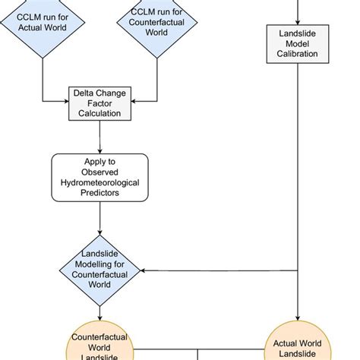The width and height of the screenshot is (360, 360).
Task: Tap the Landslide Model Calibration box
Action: (297, 43)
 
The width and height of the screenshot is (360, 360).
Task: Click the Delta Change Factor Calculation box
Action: (99, 102)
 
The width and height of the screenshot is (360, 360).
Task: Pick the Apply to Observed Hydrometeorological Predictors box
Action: (99, 178)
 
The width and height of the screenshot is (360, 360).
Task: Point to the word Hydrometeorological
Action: (99, 184)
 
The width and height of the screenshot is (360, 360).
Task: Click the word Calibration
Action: (297, 55)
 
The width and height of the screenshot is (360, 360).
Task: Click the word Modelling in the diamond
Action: (99, 264)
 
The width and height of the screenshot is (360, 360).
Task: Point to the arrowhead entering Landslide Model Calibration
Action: (297, 22)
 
